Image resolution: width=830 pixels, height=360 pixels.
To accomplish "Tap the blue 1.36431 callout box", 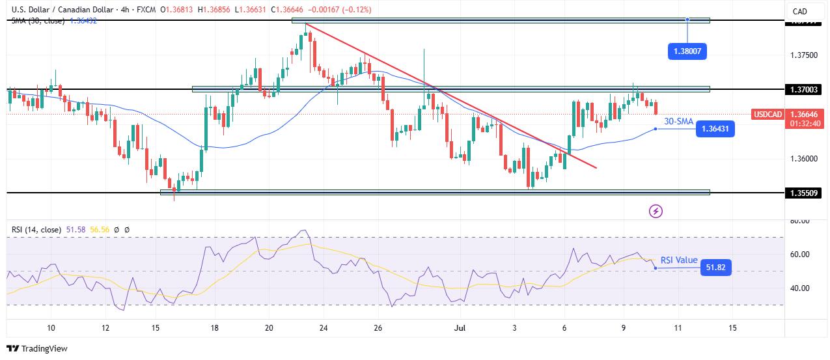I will tap(715, 130).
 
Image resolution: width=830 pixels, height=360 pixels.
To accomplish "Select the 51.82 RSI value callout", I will tap(715, 267).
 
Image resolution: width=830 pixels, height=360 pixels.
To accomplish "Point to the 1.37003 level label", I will tap(805, 89).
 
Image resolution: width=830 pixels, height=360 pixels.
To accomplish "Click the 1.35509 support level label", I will tap(805, 193).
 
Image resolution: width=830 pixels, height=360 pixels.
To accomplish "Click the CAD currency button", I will tap(799, 11).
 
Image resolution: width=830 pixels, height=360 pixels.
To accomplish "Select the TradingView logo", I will tap(37, 348).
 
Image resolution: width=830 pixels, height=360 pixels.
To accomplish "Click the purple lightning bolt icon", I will tap(656, 211).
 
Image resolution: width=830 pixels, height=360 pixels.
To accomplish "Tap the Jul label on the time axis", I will tap(458, 327).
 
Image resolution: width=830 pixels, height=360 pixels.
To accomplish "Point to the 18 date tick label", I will tap(215, 327).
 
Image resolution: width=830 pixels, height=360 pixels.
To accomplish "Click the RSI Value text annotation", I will tap(679, 260).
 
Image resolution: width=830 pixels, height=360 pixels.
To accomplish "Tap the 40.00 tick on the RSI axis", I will tap(800, 288).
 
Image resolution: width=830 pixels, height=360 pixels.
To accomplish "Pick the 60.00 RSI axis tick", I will tap(800, 255).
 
